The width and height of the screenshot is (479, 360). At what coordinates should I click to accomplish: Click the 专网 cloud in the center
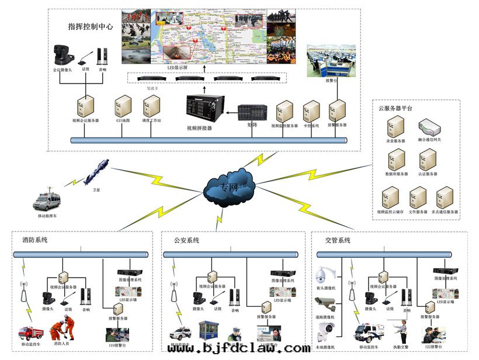[x=230, y=187]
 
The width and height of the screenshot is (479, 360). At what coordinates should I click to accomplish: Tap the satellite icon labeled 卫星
[x=96, y=171]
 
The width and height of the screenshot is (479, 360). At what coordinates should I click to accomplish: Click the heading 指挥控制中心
[x=91, y=27]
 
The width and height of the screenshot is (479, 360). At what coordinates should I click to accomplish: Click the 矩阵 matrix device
[x=253, y=113]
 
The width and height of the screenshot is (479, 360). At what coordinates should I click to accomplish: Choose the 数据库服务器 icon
[x=396, y=160]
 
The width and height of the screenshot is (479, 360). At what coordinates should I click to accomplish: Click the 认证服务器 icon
[x=428, y=160]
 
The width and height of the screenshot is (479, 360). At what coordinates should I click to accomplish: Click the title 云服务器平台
[x=395, y=109]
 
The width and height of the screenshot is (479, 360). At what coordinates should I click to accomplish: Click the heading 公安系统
[x=186, y=240]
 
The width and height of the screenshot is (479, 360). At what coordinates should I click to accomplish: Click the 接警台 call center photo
[x=328, y=63]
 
